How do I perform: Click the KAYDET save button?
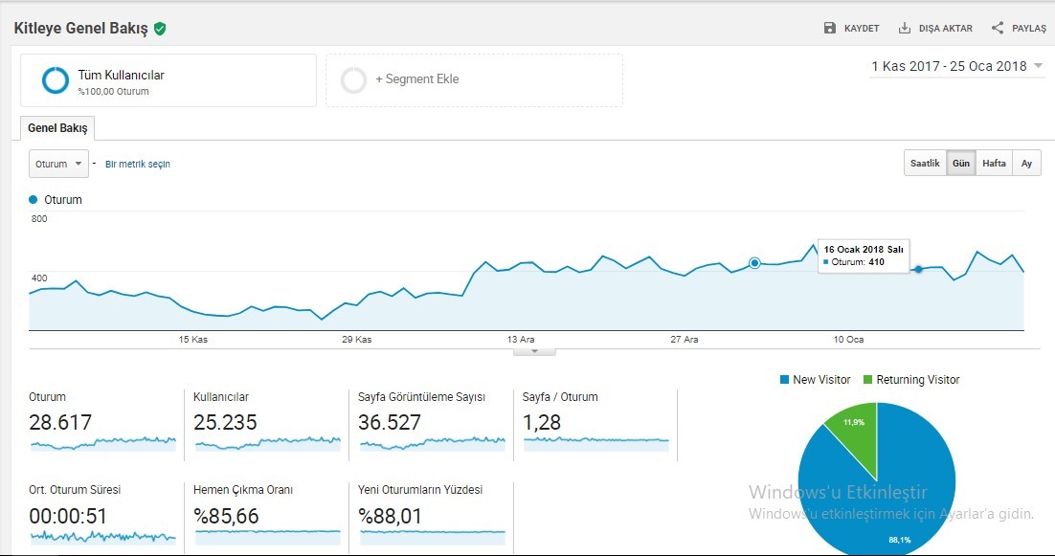851,29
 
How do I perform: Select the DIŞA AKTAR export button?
935,29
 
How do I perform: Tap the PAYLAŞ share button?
1019,29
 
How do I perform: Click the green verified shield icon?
160,29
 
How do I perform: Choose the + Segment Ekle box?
474,80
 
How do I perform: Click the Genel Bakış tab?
57,128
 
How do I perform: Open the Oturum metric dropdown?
58,164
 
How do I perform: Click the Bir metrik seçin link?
138,164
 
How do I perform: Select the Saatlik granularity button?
925,164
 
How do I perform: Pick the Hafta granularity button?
994,164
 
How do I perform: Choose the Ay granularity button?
1026,164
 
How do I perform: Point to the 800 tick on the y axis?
39,218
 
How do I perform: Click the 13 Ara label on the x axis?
521,340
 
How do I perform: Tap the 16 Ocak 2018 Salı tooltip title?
864,250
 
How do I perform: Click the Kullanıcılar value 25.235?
225,422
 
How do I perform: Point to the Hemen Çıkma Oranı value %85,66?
226,517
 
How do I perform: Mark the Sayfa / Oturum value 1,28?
541,422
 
